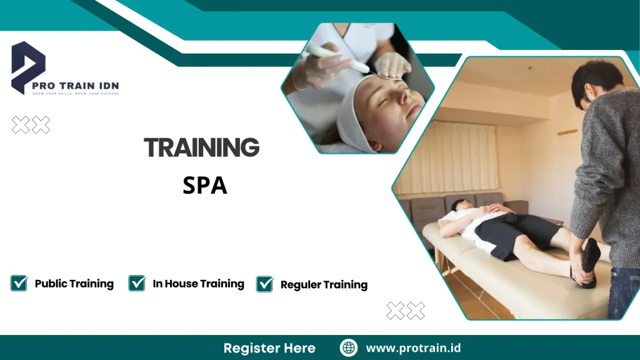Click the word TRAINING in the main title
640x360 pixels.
(x=201, y=148)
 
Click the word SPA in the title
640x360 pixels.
(x=204, y=185)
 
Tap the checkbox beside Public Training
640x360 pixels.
(x=19, y=283)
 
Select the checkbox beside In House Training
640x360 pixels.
(x=137, y=283)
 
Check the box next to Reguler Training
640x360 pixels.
(x=265, y=284)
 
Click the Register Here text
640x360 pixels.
(x=269, y=348)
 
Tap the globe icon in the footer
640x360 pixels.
(x=349, y=348)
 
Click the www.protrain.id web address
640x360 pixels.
(x=413, y=348)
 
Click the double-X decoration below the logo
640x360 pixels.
(x=31, y=125)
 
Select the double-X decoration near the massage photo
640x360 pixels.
(x=406, y=311)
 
